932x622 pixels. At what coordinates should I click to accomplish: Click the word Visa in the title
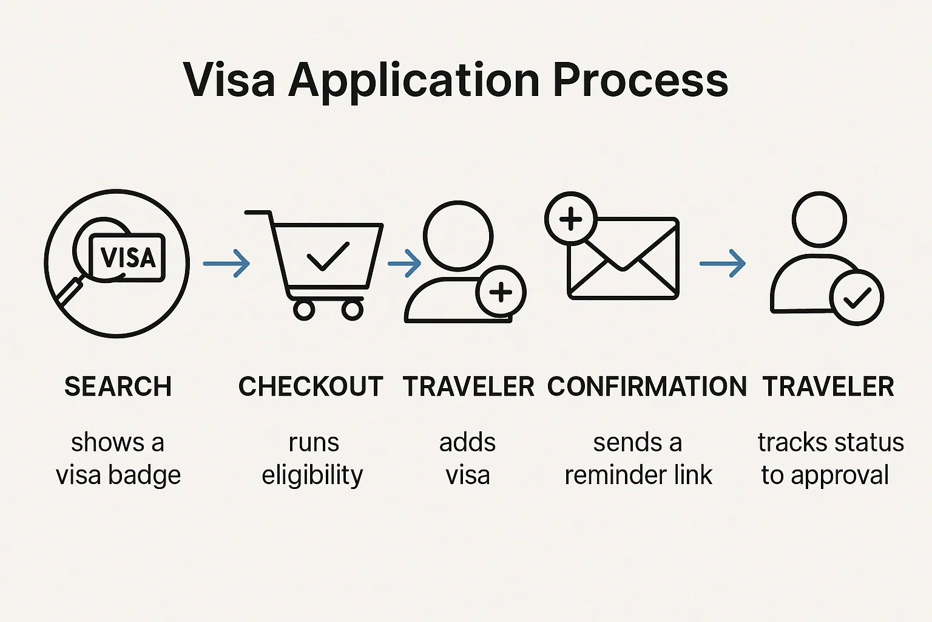point(229,80)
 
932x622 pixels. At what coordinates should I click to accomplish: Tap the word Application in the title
point(414,80)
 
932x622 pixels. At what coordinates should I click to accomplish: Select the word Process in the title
point(641,80)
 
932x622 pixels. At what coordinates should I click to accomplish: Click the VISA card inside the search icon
point(127,257)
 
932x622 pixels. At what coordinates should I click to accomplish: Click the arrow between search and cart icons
point(226,264)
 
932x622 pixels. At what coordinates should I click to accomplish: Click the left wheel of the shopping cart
point(304,310)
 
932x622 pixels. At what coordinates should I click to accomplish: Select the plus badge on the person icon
point(501,292)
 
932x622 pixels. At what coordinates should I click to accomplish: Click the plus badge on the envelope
point(570,219)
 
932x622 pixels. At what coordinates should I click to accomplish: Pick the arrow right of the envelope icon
point(722,264)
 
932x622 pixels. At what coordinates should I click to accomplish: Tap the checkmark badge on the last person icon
point(857,298)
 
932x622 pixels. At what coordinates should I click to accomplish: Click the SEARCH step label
point(118,387)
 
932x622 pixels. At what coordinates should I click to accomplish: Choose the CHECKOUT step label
point(311,387)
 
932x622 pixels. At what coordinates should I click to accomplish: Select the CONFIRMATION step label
point(647,387)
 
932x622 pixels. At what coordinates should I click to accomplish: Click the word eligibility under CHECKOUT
point(312,475)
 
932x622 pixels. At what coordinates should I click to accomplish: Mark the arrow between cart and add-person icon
point(404,264)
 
